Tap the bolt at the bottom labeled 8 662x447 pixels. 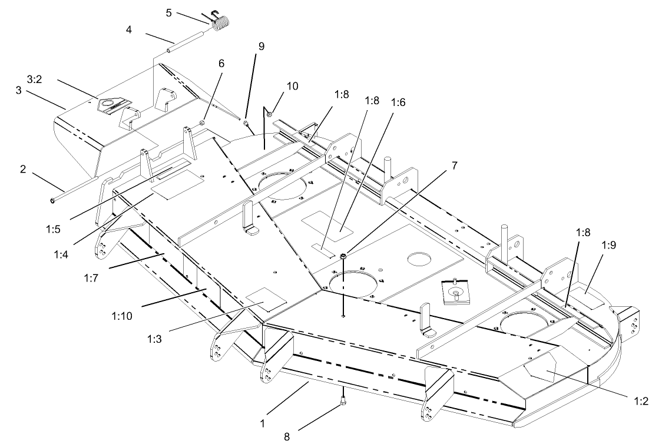pyautogui.click(x=343, y=401)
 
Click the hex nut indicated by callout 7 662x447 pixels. pyautogui.click(x=343, y=256)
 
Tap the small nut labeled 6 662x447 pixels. pyautogui.click(x=201, y=122)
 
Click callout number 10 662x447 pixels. pyautogui.click(x=293, y=86)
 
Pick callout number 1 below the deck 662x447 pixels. pyautogui.click(x=263, y=422)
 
